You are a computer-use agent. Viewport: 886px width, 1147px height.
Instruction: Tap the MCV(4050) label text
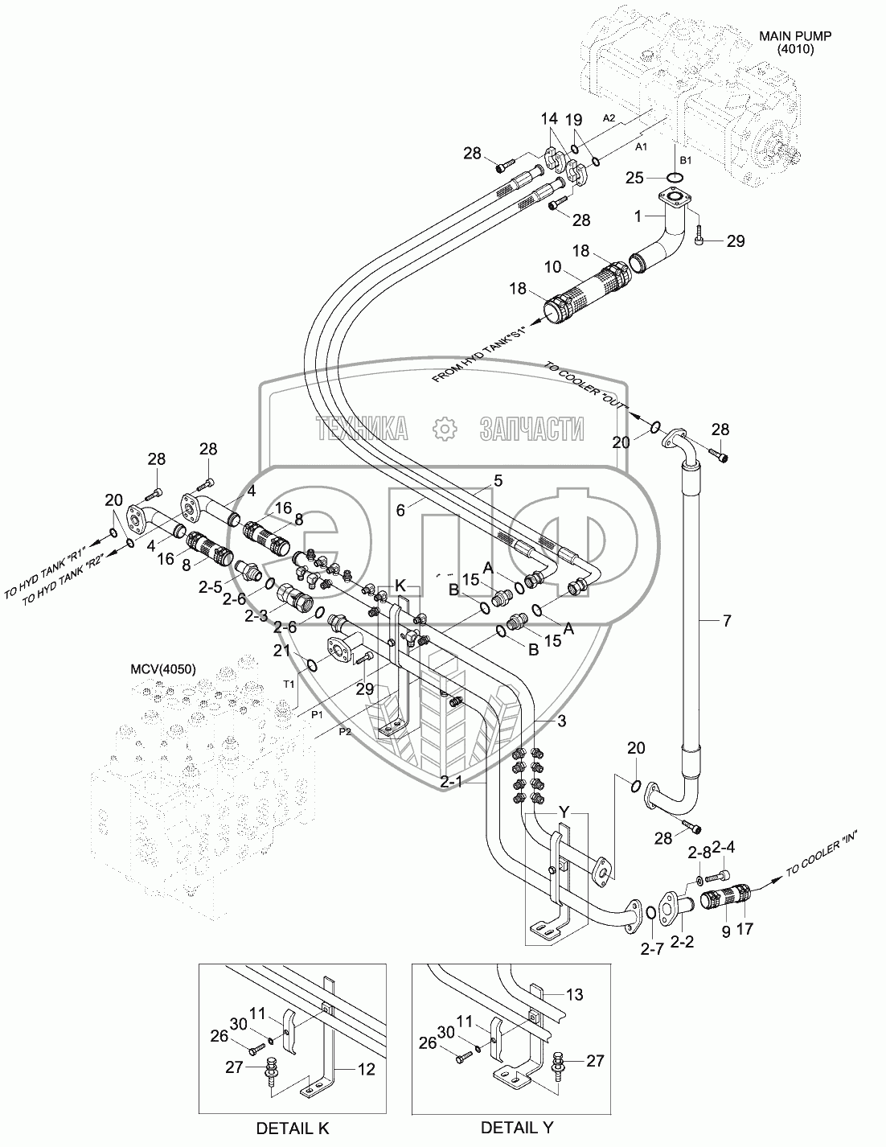tap(163, 669)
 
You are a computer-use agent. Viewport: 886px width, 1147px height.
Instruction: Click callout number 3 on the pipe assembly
tap(561, 721)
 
